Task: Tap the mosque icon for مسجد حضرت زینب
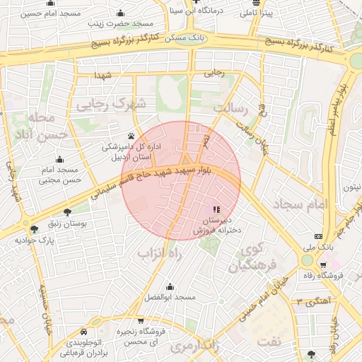click(x=120, y=13)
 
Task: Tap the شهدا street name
click(x=105, y=74)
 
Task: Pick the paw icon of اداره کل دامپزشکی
click(x=132, y=136)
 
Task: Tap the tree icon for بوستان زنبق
click(x=67, y=212)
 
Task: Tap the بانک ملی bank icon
click(x=319, y=236)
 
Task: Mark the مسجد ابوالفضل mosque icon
click(x=170, y=287)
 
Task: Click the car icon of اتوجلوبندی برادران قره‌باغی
click(x=85, y=331)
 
